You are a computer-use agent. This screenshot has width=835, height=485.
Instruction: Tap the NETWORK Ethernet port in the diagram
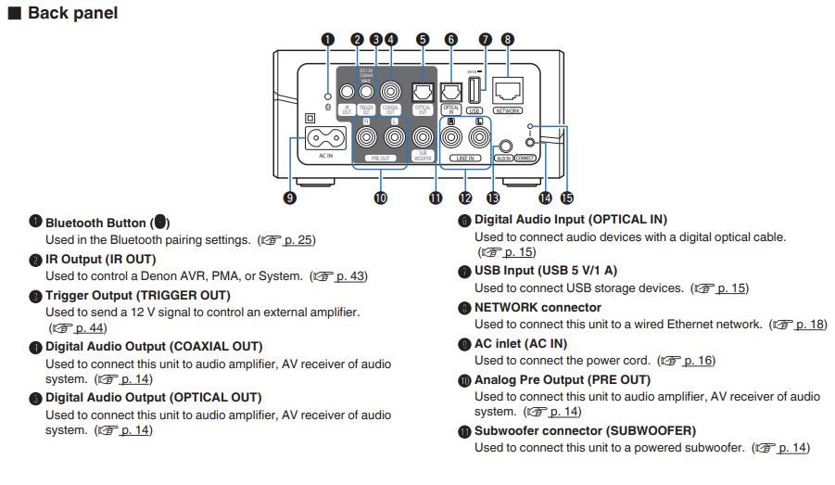(507, 89)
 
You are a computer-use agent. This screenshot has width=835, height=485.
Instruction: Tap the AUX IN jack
(504, 146)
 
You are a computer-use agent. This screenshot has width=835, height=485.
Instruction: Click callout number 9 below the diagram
(291, 198)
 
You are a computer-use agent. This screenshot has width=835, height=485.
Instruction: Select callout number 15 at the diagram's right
(567, 198)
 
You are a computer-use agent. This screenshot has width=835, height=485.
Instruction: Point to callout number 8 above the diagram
(507, 39)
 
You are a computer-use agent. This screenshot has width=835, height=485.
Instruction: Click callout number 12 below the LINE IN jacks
(465, 198)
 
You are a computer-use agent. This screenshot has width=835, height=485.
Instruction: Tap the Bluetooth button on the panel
(326, 96)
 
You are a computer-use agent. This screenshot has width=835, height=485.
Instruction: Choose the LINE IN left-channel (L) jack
(479, 137)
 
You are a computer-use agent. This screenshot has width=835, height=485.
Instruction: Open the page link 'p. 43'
(351, 276)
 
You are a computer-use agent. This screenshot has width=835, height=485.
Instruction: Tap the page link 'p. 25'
(299, 240)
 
